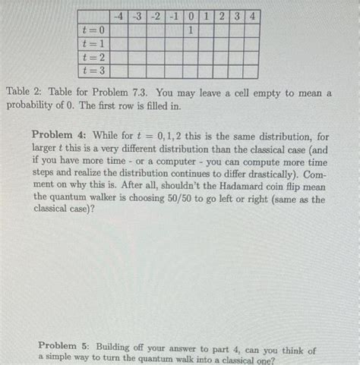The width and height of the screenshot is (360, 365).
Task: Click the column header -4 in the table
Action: [x=118, y=16]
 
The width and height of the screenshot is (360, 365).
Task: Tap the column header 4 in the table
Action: [x=251, y=16]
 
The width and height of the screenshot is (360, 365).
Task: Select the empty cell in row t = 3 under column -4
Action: [x=118, y=71]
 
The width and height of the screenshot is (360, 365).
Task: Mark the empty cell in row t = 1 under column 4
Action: [x=251, y=44]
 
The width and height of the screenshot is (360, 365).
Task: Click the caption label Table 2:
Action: [x=25, y=92]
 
